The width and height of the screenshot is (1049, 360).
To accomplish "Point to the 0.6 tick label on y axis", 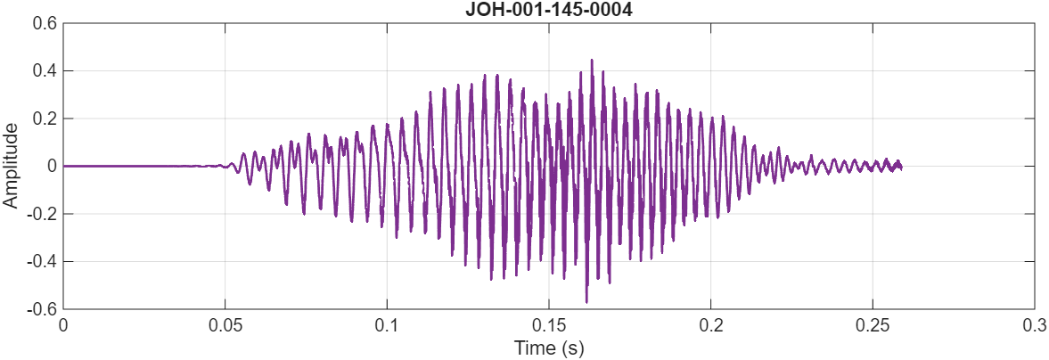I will pos(45,23).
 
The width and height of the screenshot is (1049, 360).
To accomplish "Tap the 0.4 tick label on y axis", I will pos(45,70).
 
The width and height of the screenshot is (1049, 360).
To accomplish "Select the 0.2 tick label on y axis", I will pos(45,119).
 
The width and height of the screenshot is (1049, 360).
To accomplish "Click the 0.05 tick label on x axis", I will pos(225,326).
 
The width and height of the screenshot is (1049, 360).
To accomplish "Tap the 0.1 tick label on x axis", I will pos(387,326).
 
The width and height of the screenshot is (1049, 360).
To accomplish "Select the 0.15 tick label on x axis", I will pos(549,326).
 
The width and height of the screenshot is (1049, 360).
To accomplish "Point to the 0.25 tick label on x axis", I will pos(873,326).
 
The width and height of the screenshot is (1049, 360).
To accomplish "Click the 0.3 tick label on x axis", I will pos(1034,326).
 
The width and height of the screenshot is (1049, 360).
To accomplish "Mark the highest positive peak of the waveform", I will pos(591,61).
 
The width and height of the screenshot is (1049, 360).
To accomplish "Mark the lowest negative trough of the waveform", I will pos(586,301).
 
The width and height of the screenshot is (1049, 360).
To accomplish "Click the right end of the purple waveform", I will pos(901,167).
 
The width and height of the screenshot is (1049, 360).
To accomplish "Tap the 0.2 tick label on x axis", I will pos(711,326).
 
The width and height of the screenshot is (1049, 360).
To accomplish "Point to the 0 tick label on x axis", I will pos(63,326).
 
